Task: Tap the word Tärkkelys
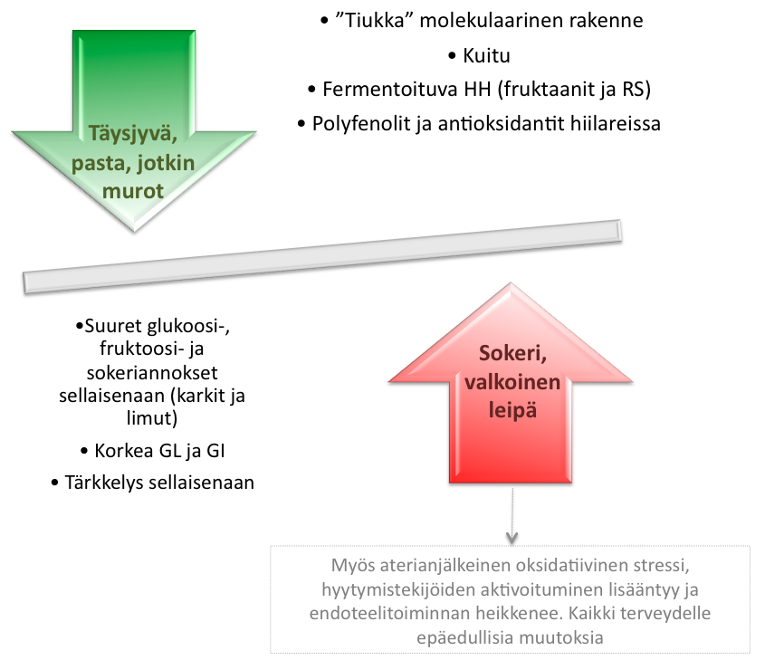pyautogui.click(x=103, y=483)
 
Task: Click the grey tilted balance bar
pyautogui.click(x=321, y=255)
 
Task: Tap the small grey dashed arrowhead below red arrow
pyautogui.click(x=512, y=538)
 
